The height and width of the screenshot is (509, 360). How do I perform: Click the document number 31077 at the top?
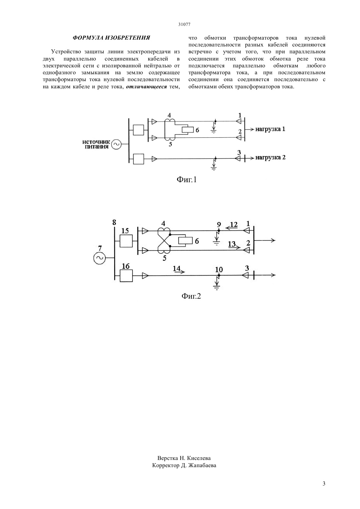point(184,25)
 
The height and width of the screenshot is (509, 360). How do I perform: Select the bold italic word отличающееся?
point(146,87)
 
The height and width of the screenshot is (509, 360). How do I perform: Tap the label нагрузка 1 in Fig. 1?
point(270,129)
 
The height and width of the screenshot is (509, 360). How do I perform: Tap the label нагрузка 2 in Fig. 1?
point(270,157)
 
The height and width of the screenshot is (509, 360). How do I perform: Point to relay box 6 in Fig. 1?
point(188,130)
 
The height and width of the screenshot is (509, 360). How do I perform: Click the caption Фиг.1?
point(186,180)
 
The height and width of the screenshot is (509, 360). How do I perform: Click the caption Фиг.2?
point(191,296)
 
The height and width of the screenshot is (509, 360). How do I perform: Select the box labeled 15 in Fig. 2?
point(126,241)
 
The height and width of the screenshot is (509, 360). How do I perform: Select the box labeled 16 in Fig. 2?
point(126,275)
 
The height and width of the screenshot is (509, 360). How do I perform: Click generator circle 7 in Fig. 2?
point(99,258)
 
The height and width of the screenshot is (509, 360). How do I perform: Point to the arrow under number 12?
point(232,228)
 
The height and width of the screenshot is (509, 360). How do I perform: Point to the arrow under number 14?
point(179,272)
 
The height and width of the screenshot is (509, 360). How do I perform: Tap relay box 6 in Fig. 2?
point(186,241)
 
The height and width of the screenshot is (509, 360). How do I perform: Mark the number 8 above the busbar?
point(114,222)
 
